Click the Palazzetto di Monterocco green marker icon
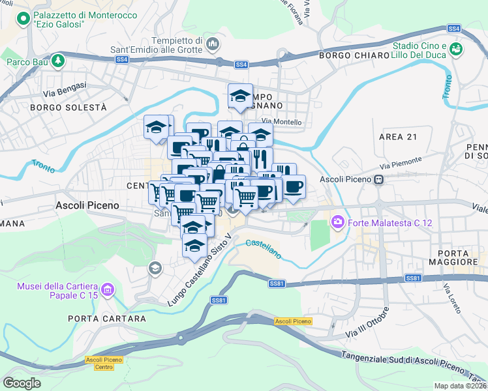click(24, 20)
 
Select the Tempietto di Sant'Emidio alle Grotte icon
click(212, 44)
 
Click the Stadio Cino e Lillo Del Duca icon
click(456, 50)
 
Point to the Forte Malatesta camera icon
click(337, 223)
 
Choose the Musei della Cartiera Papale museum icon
click(108, 287)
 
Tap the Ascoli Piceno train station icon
click(378, 179)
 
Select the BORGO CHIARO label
click(353, 55)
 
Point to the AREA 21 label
click(397, 136)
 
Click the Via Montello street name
click(282, 122)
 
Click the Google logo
click(22, 383)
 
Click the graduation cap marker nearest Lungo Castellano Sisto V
click(194, 246)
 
